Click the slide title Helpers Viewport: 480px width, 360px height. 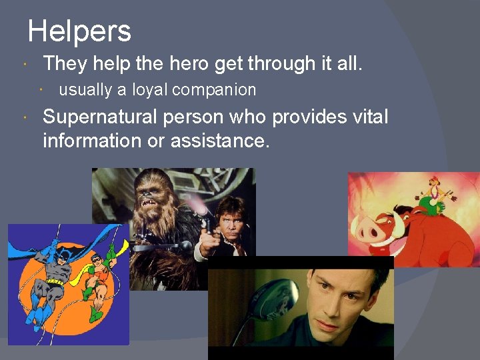pyautogui.click(x=79, y=31)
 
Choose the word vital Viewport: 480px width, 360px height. pyautogui.click(x=368, y=117)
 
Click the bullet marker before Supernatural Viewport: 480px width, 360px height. pyautogui.click(x=25, y=118)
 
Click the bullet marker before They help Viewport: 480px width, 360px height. pyautogui.click(x=25, y=65)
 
